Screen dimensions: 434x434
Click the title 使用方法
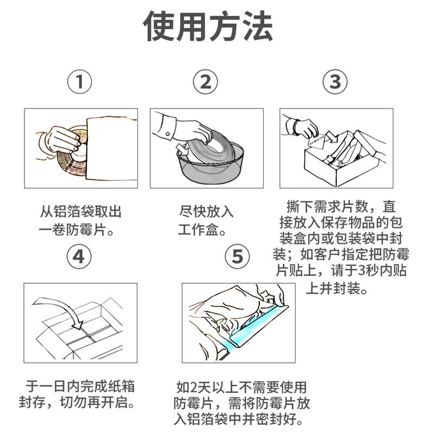(208, 26)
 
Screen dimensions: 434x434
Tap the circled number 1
(80, 82)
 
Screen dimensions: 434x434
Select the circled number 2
(206, 82)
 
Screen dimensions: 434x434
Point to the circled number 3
(335, 82)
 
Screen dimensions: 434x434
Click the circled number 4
(79, 256)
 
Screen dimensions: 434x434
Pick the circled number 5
(237, 256)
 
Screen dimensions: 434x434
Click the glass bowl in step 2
(210, 163)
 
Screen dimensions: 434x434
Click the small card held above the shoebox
(316, 142)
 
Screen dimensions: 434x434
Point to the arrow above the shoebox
(331, 137)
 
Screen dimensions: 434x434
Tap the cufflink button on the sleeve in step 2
(168, 134)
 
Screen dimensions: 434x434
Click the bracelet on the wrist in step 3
(296, 127)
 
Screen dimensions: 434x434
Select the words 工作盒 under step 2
(199, 229)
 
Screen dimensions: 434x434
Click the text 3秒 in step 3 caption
(365, 270)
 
